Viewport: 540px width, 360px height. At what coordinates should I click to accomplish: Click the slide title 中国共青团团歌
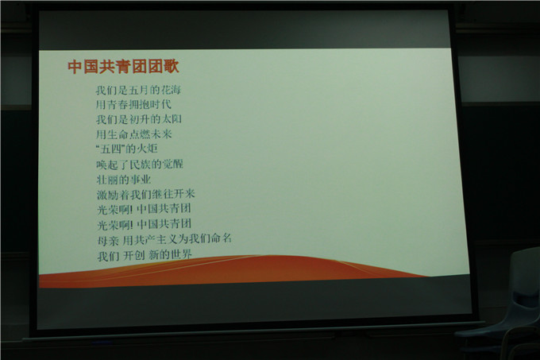pos(123,67)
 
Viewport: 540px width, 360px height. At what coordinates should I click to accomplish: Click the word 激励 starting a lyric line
pos(106,195)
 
